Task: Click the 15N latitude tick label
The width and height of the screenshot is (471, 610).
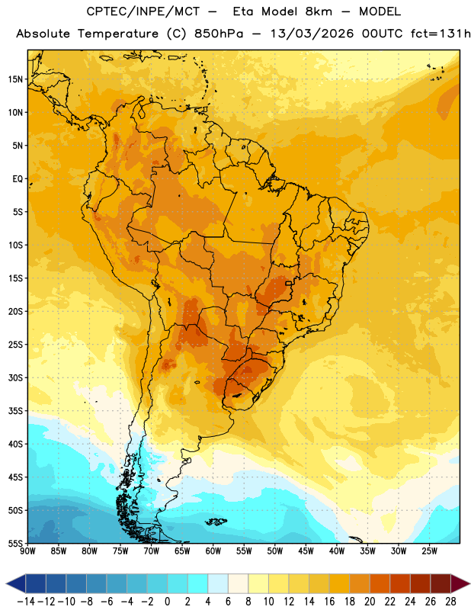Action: click(15, 79)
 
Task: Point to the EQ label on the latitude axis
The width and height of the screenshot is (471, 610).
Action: click(18, 179)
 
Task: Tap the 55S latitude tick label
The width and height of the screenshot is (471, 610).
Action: click(15, 543)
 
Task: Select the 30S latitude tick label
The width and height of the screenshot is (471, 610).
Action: click(15, 377)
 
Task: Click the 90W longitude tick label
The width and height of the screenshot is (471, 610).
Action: click(27, 551)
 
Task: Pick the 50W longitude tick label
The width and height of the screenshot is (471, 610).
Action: click(275, 551)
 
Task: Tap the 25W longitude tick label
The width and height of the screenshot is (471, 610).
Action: click(429, 551)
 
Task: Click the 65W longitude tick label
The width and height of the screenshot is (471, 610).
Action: click(182, 551)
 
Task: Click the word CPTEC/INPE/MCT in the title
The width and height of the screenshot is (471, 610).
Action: click(143, 11)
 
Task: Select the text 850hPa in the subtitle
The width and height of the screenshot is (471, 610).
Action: click(219, 34)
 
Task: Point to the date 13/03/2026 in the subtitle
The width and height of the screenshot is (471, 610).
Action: click(312, 34)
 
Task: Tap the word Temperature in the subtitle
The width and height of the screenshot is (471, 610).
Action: click(118, 34)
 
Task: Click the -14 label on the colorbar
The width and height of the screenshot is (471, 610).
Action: click(26, 602)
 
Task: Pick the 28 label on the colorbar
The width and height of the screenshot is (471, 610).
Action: click(450, 602)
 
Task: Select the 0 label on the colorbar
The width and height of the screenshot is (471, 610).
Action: click(167, 602)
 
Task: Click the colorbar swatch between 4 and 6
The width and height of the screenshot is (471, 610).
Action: click(218, 583)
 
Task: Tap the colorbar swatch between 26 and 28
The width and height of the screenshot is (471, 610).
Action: click(441, 583)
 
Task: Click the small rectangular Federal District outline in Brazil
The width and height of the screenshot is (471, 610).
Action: click(289, 283)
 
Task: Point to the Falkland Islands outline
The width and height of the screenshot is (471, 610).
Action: click(216, 522)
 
